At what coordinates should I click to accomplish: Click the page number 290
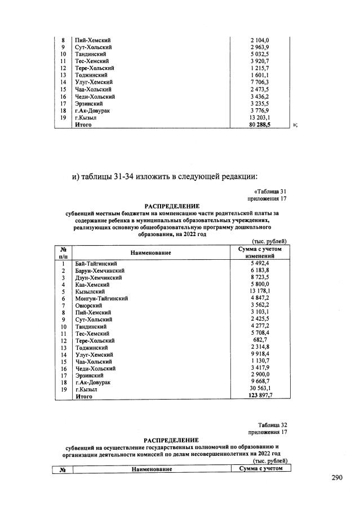pyautogui.click(x=337, y=478)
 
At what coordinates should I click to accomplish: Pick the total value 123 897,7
pyautogui.click(x=260, y=397)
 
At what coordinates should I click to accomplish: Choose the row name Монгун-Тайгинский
pyautogui.click(x=102, y=298)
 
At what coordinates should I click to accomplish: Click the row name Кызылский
pyautogui.click(x=91, y=291)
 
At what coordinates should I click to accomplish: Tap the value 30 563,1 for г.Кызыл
pyautogui.click(x=260, y=389)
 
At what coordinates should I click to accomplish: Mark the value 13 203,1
pyautogui.click(x=260, y=118)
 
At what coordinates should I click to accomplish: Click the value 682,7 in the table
pyautogui.click(x=261, y=340)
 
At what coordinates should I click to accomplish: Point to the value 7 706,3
pyautogui.click(x=260, y=82)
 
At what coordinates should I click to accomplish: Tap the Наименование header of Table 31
pyautogui.click(x=151, y=253)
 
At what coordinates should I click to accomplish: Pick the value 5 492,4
pyautogui.click(x=260, y=263)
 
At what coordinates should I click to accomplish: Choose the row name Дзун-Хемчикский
pyautogui.click(x=98, y=277)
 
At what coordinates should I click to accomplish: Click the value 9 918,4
pyautogui.click(x=260, y=354)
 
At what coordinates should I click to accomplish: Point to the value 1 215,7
pyautogui.click(x=260, y=68)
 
